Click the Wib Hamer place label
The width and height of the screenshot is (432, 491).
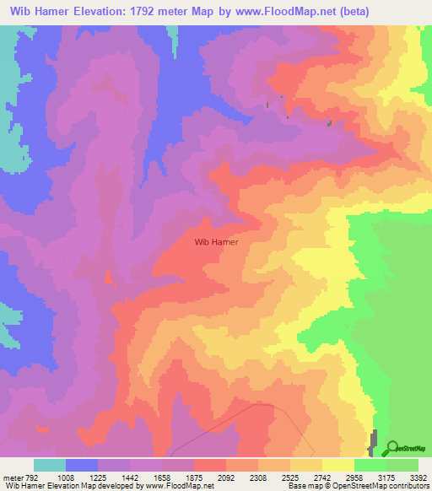tap(217, 241)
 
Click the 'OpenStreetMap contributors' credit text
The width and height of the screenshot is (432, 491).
tap(388, 486)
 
